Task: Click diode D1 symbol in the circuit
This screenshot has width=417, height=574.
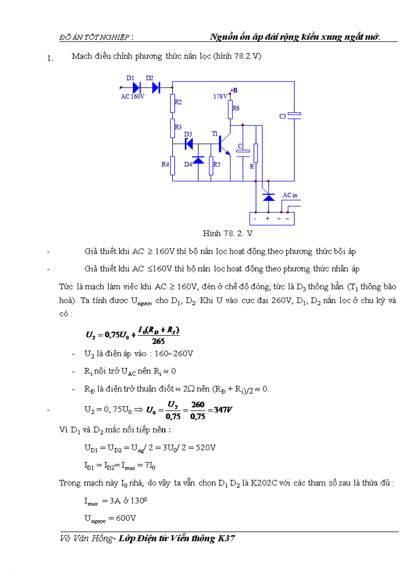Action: tap(136, 87)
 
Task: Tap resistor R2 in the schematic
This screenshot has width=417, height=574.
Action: tap(173, 104)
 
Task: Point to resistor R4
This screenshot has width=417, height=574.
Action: tap(173, 165)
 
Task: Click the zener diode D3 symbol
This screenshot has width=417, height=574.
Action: tap(189, 144)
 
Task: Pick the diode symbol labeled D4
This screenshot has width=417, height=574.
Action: tap(198, 160)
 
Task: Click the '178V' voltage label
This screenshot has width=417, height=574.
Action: tap(220, 96)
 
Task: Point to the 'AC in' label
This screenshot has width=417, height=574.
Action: tap(290, 195)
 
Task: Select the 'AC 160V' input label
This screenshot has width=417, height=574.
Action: tap(133, 96)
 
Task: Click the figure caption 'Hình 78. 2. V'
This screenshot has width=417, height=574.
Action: tap(227, 234)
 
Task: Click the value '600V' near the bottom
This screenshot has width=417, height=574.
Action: tap(126, 518)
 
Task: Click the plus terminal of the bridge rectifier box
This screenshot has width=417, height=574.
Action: tap(267, 219)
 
